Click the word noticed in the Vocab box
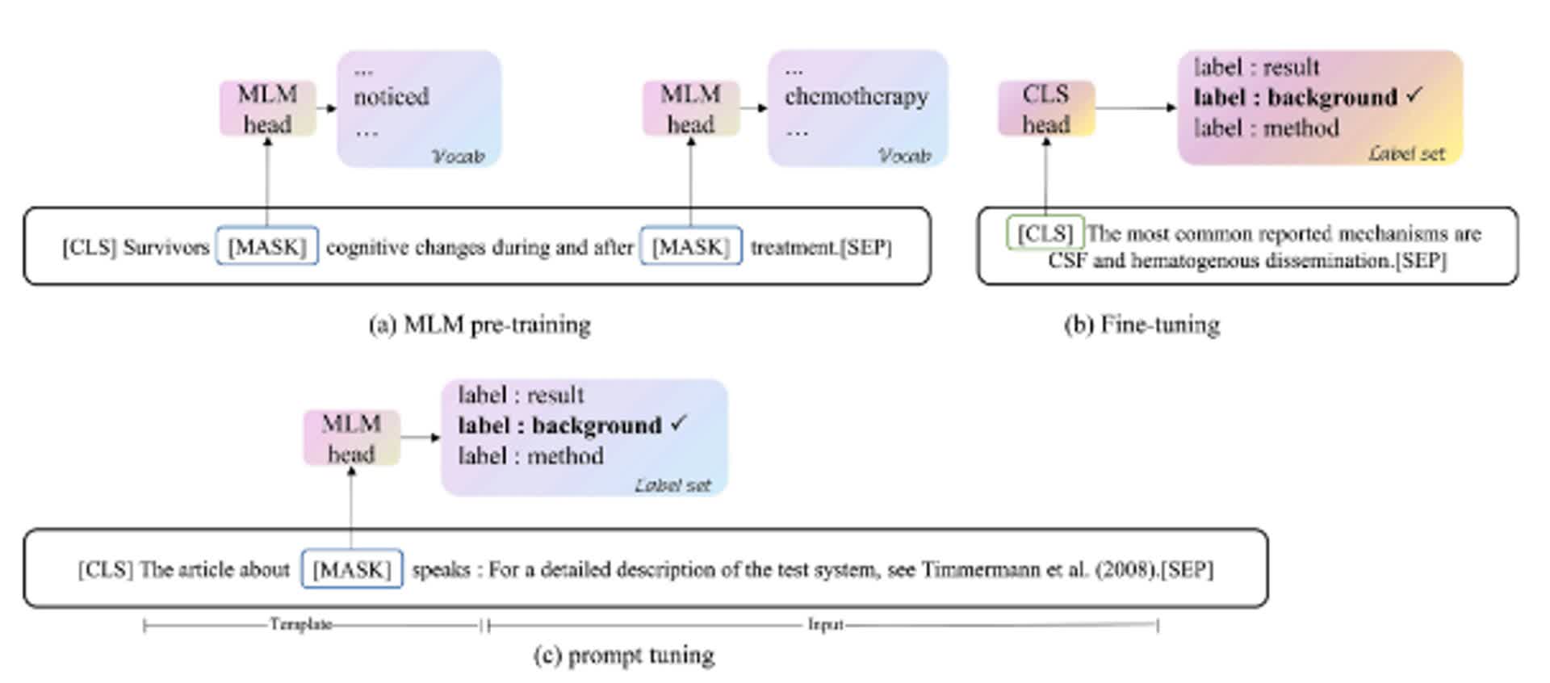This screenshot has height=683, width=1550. [x=391, y=97]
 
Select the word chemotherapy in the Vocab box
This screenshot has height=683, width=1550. [x=856, y=97]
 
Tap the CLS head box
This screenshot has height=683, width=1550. [x=1045, y=109]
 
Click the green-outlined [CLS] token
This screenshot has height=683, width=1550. [x=1045, y=233]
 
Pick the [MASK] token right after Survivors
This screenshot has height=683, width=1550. [x=267, y=246]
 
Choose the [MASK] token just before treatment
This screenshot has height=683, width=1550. [x=690, y=246]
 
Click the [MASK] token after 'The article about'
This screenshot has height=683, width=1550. [x=351, y=570]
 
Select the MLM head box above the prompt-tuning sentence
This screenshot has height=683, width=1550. [x=351, y=438]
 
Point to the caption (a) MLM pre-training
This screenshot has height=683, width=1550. [x=480, y=325]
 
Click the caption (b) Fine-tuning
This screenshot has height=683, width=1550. [x=1142, y=325]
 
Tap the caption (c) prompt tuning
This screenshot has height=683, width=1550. [x=623, y=655]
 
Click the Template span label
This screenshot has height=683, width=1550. [x=300, y=624]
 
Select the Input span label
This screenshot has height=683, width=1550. [x=825, y=624]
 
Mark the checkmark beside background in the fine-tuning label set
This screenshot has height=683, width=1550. [x=1414, y=95]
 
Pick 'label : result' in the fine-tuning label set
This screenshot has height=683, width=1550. [x=1256, y=67]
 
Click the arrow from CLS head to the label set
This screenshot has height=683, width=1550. [x=1134, y=107]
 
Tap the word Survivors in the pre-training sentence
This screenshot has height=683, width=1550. [x=165, y=247]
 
